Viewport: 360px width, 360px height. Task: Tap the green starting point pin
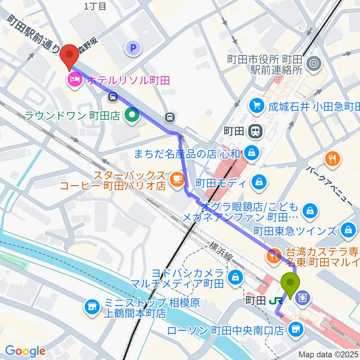click(x=291, y=284)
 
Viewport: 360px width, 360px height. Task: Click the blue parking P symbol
click(x=133, y=48)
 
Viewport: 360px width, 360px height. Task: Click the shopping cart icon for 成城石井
click(x=256, y=106)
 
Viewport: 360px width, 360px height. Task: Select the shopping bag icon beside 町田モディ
click(x=259, y=183)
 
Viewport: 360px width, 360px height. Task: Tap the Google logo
click(x=25, y=351)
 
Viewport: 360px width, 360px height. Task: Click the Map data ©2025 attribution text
click(x=328, y=354)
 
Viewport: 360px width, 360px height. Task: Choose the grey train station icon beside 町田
click(x=256, y=131)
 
